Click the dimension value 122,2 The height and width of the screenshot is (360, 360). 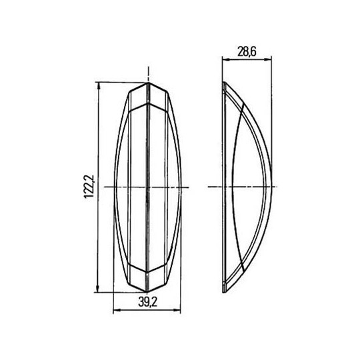89,187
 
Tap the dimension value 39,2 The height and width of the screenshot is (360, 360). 147,303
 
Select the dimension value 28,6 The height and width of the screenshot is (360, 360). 247,52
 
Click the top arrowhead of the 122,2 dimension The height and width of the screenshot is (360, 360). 99,85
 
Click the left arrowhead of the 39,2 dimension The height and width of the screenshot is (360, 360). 117,310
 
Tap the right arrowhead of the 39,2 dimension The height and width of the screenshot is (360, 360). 177,310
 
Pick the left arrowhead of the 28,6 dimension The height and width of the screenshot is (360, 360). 226,59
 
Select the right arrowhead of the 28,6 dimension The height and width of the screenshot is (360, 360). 268,59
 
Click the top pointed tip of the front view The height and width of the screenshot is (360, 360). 148,83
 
